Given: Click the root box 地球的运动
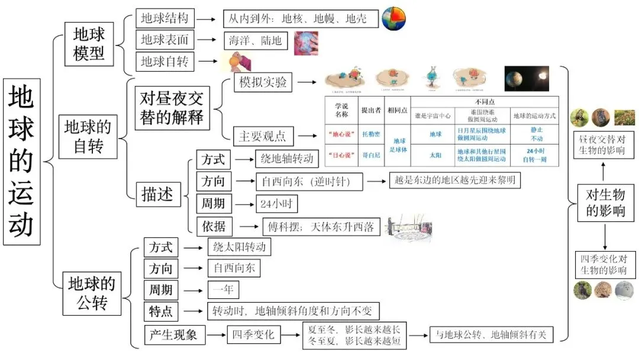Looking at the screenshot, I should coord(22,162).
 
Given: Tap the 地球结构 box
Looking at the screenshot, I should coord(164,18).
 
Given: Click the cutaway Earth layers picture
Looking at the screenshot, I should coord(393,18).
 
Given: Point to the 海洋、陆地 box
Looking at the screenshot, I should coord(256,41).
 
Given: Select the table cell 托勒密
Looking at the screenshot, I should coord(370,134).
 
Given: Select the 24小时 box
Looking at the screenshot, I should coord(276,204).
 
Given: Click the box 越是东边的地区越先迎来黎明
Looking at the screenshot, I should coord(455,181).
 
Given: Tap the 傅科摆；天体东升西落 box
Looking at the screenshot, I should coord(320,226).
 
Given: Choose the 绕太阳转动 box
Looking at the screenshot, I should coord(239,246).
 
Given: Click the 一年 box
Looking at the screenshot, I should coord(222,290).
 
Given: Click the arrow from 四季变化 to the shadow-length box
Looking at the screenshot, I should coord(291,335).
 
